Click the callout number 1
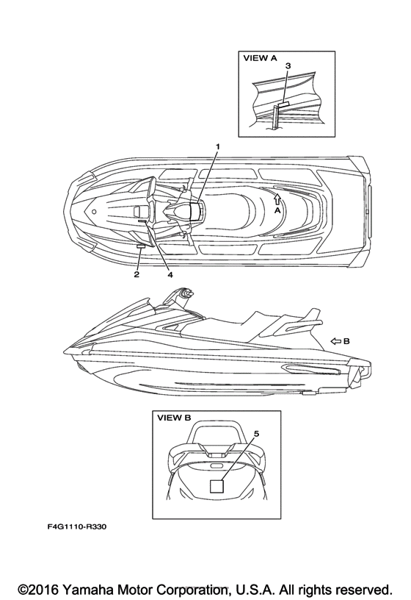click(x=218, y=146)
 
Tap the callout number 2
click(x=137, y=274)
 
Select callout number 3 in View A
click(x=288, y=66)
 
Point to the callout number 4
click(x=170, y=274)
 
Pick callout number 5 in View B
click(x=256, y=434)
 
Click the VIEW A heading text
click(x=260, y=58)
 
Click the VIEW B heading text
click(x=174, y=418)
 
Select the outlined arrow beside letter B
click(x=335, y=341)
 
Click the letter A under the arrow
click(x=277, y=210)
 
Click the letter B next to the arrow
click(x=346, y=341)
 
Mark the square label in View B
click(x=217, y=485)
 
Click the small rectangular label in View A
click(x=283, y=104)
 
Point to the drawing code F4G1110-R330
click(x=77, y=527)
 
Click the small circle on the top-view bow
click(x=94, y=211)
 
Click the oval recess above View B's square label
click(x=217, y=466)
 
